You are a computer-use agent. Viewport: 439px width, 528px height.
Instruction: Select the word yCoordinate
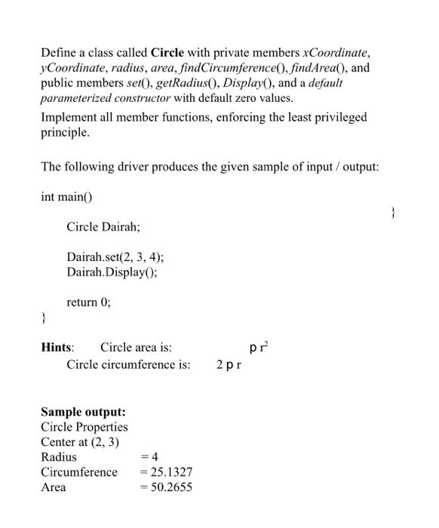(x=72, y=69)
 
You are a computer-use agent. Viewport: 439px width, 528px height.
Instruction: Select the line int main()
(x=70, y=196)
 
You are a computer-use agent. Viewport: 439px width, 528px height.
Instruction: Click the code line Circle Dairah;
(x=103, y=226)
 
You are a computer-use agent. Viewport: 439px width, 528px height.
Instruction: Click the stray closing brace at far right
(x=392, y=213)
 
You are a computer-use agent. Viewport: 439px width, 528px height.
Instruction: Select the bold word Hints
(x=57, y=348)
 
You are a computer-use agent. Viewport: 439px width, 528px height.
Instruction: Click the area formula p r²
(x=258, y=347)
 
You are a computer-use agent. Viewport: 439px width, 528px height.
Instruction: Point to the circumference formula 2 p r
(x=229, y=366)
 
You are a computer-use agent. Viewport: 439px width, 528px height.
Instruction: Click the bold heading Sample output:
(x=83, y=412)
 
